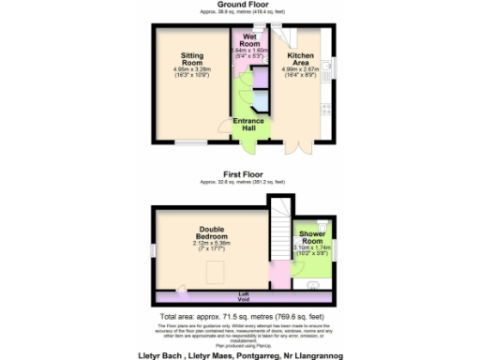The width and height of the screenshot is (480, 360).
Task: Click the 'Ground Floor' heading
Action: [x=240, y=4]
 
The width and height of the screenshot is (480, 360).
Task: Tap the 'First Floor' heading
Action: [x=240, y=172]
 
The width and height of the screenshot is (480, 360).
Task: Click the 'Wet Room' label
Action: [x=248, y=39]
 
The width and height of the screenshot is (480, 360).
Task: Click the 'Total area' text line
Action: [x=240, y=317]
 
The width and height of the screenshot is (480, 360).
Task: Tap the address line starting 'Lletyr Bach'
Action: [x=240, y=355]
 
